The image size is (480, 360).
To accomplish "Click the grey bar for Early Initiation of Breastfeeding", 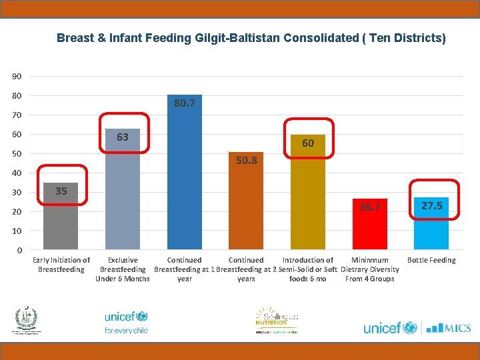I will [61, 217].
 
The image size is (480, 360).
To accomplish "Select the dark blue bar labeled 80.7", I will [185, 173].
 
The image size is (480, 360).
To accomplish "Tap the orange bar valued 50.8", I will [246, 203].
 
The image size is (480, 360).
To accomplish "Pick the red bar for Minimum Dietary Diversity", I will [370, 225].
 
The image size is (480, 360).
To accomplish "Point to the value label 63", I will [123, 137].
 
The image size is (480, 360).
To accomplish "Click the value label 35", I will [61, 191].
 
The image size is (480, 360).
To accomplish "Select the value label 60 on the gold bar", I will [308, 143].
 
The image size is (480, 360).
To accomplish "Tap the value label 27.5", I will [431, 206].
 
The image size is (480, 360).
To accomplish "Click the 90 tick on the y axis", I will [16, 76].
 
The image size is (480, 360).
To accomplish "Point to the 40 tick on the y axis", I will [16, 173].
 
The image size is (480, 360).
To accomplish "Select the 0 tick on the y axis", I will [19, 251].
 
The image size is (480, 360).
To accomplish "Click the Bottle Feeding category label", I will [431, 260].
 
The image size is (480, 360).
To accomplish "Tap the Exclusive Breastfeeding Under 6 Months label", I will [123, 269].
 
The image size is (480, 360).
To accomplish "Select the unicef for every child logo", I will [126, 321].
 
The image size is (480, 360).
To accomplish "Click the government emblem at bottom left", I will [27, 320].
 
